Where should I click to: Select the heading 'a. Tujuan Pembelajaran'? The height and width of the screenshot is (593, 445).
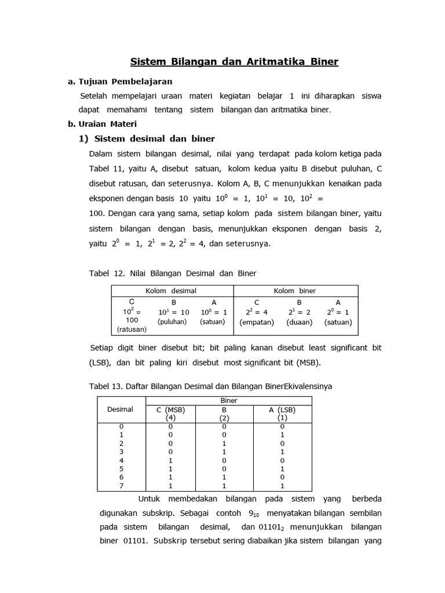(x=120, y=81)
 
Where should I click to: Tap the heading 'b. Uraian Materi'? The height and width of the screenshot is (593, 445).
(x=103, y=124)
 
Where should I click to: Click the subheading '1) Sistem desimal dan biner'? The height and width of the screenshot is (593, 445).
(x=147, y=138)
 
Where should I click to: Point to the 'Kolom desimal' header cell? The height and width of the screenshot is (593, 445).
(x=172, y=291)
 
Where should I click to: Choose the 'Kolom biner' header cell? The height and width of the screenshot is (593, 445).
(x=295, y=291)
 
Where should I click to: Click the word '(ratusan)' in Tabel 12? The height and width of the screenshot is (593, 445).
(x=132, y=329)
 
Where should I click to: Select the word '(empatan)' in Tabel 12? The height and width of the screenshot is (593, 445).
(x=257, y=322)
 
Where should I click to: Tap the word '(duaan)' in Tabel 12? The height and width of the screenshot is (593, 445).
(x=299, y=322)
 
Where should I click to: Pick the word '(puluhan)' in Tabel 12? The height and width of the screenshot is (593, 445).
(x=172, y=321)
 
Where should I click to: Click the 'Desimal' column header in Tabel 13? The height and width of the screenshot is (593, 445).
(x=121, y=409)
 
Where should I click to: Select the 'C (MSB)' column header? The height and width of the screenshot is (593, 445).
(x=170, y=409)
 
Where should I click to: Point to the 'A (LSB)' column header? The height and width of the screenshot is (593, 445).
(x=282, y=409)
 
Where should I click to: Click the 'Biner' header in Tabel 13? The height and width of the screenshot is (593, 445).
(x=229, y=400)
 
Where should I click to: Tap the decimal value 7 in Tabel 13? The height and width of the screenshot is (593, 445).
(x=121, y=486)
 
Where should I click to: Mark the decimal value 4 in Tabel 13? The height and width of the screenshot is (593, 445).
(x=121, y=460)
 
